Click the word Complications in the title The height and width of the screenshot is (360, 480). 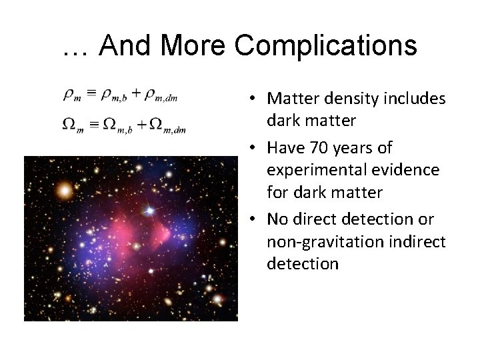[x=326, y=45]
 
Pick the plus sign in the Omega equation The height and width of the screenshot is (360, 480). [x=138, y=123]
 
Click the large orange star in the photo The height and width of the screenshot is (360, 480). [x=64, y=191]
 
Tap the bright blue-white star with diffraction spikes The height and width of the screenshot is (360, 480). [x=150, y=211]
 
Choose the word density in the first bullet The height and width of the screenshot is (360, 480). [x=347, y=99]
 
